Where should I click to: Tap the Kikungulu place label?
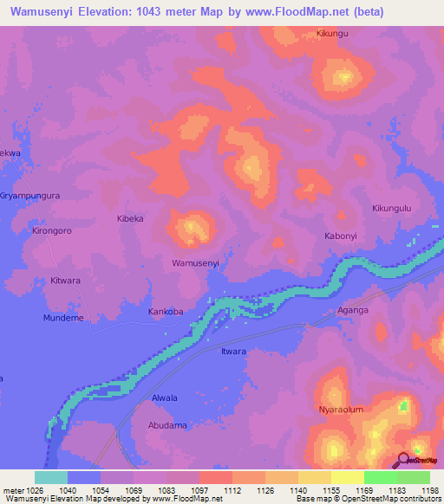tap(391, 208)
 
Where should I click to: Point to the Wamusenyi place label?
tap(195, 262)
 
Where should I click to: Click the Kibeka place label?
tap(131, 219)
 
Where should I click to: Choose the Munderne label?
tap(63, 318)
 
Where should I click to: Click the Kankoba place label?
tap(166, 311)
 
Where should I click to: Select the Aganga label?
tap(353, 310)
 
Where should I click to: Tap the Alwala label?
tap(165, 398)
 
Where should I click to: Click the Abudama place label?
tap(167, 425)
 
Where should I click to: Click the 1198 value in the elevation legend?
tap(429, 491)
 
